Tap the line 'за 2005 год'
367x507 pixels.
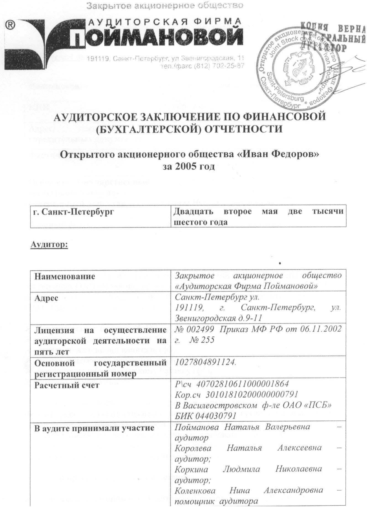pos(188,166)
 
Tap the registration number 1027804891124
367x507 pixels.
pos(206,362)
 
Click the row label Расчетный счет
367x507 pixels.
pos(66,385)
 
